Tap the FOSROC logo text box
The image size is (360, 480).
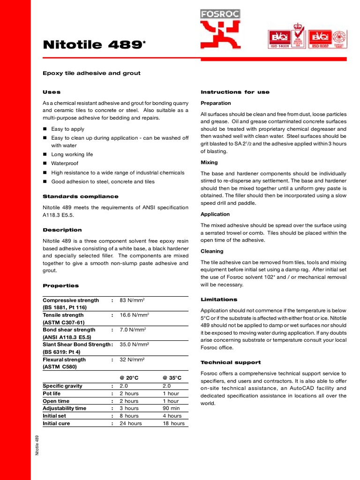click(220, 14)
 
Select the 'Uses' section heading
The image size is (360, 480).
click(52, 92)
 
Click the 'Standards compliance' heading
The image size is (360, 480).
click(81, 196)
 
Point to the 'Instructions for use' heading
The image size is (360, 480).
click(235, 92)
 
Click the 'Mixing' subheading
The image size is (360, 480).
click(209, 163)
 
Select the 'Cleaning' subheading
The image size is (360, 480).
click(212, 251)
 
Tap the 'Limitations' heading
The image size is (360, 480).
click(219, 300)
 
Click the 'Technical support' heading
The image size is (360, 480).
click(231, 362)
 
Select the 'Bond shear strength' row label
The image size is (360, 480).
click(69, 330)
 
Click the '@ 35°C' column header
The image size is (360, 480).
click(172, 378)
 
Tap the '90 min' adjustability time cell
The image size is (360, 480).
click(171, 408)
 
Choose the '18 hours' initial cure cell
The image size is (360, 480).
click(173, 423)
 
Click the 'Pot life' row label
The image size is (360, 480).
click(52, 393)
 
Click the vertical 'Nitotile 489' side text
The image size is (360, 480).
click(37, 445)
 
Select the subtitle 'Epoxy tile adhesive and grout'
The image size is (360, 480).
click(91, 74)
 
